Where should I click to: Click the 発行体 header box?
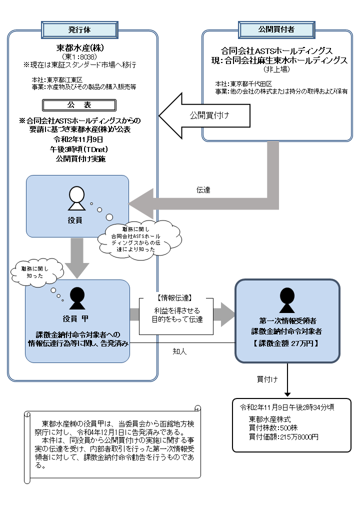coord(79,29)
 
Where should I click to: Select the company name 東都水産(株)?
coord(80,48)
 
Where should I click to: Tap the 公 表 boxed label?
coord(79,106)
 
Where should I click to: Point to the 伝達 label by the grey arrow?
coord(203,190)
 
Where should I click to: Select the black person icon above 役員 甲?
coord(76,298)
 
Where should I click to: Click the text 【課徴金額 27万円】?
coord(287,343)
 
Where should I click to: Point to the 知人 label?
coord(179,351)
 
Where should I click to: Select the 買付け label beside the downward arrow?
coord(267,379)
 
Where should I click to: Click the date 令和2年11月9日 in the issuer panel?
coord(80,139)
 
